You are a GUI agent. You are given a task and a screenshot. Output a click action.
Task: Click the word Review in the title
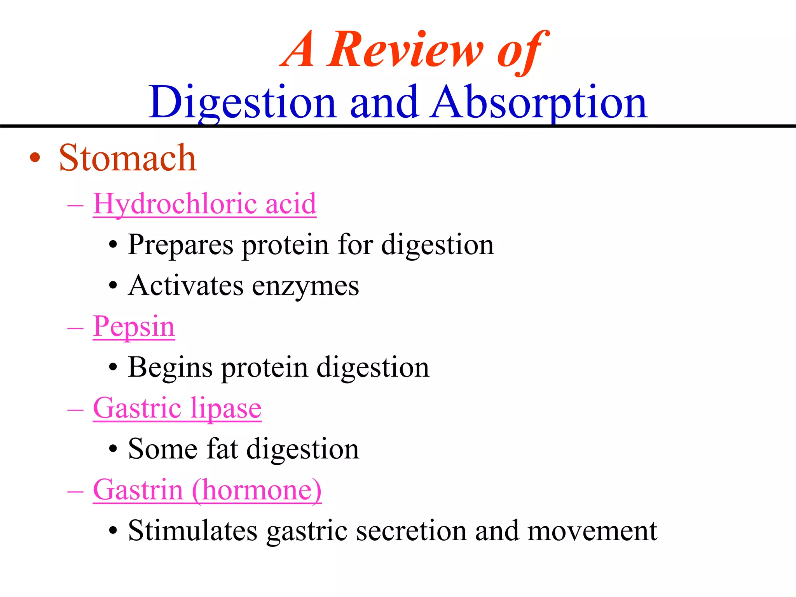point(406,51)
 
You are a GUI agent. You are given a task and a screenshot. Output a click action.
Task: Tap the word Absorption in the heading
point(539,103)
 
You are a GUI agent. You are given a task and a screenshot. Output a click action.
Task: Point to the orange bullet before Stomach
point(35,158)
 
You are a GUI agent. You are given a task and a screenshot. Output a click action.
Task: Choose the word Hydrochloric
point(175,204)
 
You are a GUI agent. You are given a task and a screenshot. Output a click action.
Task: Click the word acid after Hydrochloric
point(291,204)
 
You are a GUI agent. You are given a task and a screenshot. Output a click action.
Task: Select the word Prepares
point(180,245)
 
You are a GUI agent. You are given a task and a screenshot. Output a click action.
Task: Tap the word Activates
point(186,286)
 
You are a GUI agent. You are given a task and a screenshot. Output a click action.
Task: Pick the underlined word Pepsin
point(134,327)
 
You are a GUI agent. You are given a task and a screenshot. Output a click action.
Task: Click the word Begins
point(170,368)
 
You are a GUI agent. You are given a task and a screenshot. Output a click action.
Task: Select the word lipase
point(226,409)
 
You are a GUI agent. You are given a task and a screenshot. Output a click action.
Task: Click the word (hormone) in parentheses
point(257,490)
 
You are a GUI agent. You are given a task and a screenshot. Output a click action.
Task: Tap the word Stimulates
point(193,531)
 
